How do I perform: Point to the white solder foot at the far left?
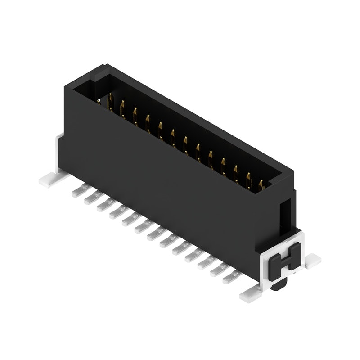[x=49, y=180]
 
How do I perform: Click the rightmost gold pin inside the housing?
[x=261, y=184]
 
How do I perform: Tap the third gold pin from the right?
[x=235, y=171]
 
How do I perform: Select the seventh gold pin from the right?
[x=185, y=143]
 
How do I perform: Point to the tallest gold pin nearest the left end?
[x=110, y=100]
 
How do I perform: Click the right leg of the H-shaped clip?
[x=295, y=253]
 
